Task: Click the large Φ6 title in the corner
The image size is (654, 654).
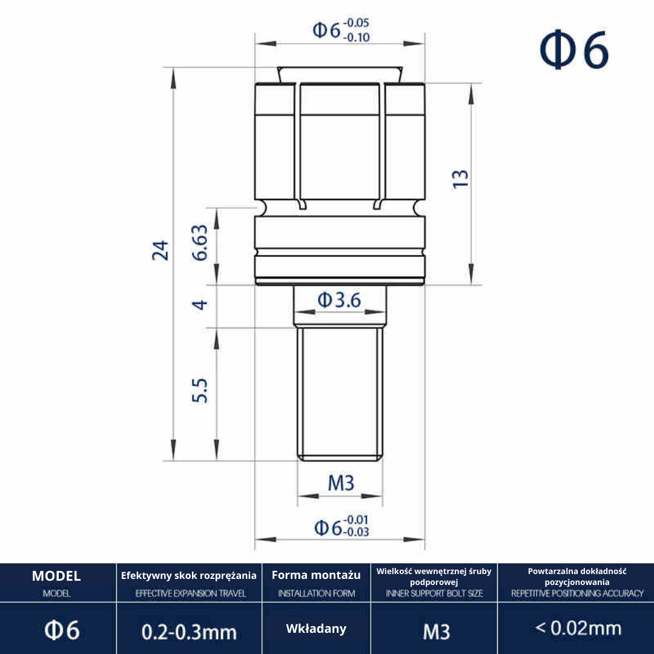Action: coord(574,50)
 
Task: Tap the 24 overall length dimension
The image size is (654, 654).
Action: coord(160,250)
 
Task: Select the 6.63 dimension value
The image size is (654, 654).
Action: coord(199,243)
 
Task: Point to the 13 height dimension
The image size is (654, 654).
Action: coord(460,179)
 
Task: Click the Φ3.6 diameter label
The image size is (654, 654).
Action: coord(339,300)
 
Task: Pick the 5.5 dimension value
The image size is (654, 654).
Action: coord(199,391)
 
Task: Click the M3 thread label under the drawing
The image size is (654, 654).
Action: coord(341,483)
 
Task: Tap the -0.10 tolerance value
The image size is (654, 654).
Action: coord(357,38)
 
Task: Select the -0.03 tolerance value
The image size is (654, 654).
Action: coord(356,532)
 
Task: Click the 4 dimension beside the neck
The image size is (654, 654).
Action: coord(200,305)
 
